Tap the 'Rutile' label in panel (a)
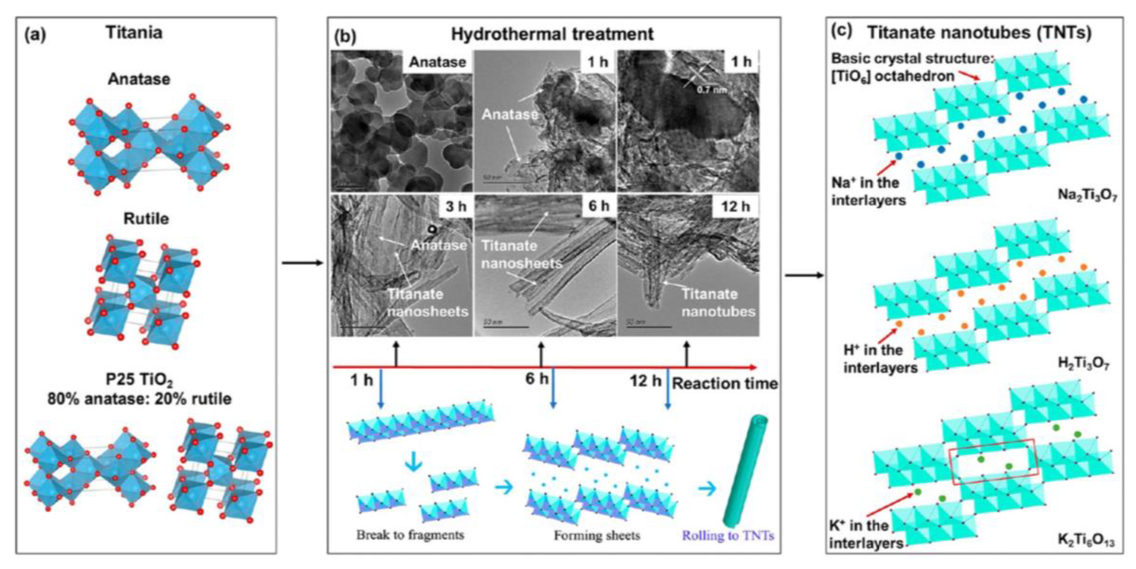pos(146,219)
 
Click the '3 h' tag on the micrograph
pos(456,206)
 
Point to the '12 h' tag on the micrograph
pos(735,206)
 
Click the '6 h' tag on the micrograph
pos(599,205)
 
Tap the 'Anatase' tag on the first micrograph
pos(437,62)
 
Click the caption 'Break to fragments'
pos(410,535)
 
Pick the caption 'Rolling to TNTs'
pos(728,536)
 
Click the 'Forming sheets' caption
pos(596,536)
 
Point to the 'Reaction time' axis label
pos(725,384)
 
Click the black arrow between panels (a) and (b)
pos(303,263)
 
